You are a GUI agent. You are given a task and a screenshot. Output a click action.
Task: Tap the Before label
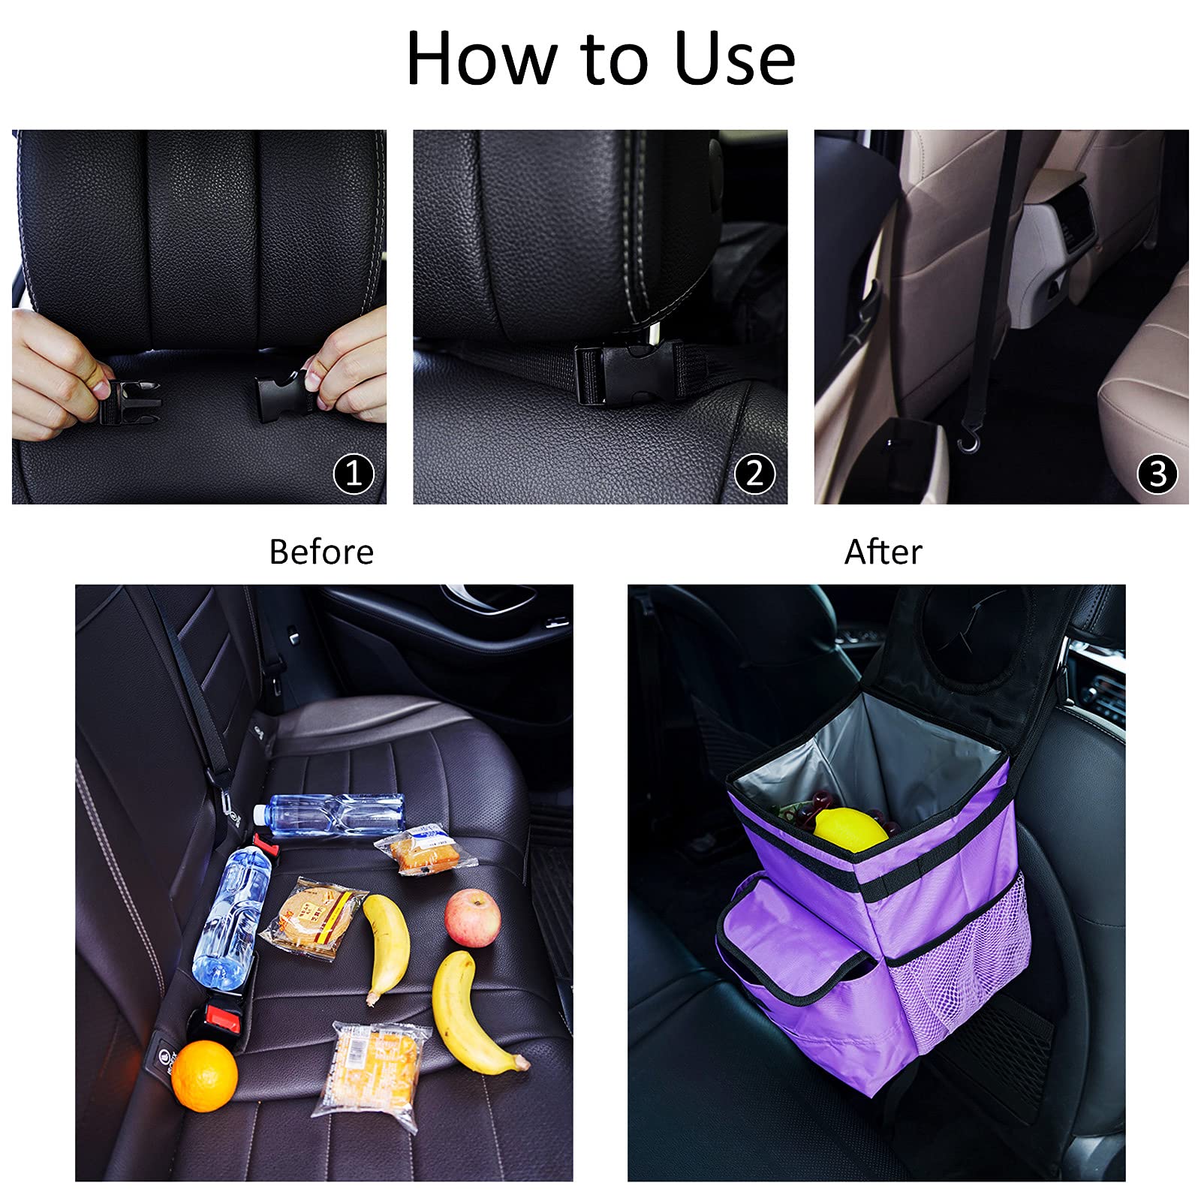(321, 552)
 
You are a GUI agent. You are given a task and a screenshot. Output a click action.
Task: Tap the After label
(883, 552)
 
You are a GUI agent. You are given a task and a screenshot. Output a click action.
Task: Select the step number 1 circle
(354, 474)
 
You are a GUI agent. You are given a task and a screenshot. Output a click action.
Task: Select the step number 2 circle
(754, 474)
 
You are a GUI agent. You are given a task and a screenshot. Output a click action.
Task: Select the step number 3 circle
(1157, 474)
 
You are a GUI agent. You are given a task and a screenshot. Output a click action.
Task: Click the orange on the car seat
(204, 1075)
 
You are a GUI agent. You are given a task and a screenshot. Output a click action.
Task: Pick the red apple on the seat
(473, 917)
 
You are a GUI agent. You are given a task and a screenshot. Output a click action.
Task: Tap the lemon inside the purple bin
(850, 829)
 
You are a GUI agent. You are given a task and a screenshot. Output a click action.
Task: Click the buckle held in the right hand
(283, 391)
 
